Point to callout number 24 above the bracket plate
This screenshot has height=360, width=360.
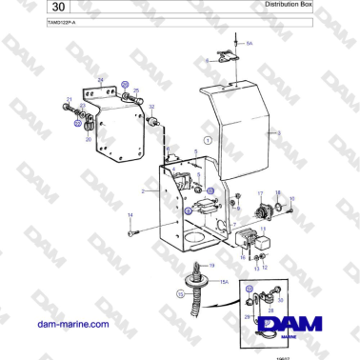[x=100, y=80]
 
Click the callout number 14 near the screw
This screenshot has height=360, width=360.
[x=130, y=216]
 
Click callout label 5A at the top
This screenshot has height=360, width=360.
[x=249, y=44]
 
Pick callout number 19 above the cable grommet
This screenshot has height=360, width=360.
[x=211, y=265]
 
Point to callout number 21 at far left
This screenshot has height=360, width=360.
[x=69, y=98]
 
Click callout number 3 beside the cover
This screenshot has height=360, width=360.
[x=279, y=133]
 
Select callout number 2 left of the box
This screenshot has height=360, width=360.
[x=143, y=192]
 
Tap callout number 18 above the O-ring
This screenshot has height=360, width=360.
[x=277, y=191]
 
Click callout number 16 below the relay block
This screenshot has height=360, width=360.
[x=244, y=257]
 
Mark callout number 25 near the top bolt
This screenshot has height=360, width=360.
[x=135, y=90]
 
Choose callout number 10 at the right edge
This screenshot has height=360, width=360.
[x=292, y=198]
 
